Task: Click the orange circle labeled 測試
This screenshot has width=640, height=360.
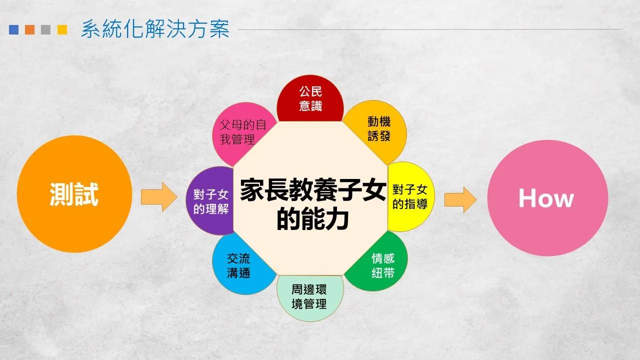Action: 74,194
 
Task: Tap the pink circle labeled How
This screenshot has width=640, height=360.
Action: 547,198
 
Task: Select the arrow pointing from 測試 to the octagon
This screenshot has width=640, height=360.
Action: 159,197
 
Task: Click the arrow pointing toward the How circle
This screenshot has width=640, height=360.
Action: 460,199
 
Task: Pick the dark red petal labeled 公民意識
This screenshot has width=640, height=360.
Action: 310,98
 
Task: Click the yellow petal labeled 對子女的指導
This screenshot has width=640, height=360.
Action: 410,197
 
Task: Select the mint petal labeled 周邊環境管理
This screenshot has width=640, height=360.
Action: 310,297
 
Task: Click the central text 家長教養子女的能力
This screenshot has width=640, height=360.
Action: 313,204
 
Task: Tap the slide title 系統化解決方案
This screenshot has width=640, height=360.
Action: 155,29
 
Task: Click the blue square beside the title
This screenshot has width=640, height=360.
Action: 13,29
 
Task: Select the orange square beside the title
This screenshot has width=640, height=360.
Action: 29,29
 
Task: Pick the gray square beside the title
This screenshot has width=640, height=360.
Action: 45,29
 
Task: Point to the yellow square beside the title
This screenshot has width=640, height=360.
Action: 62,29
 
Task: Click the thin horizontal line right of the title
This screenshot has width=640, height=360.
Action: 429,29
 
